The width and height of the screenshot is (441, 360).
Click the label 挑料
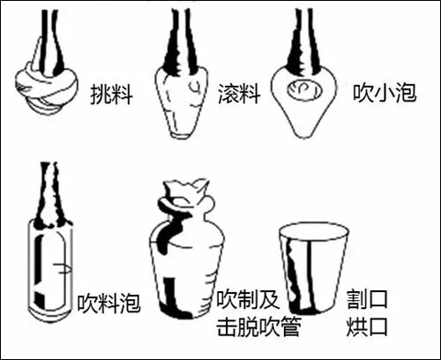pos(111,94)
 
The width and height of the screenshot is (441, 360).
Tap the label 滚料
pos(239,94)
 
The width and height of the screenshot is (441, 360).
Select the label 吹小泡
pos(385,93)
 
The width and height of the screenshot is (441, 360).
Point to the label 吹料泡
pos(108,303)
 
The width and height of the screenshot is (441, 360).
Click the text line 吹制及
pos(248,299)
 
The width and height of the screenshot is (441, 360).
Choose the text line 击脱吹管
pos(258,326)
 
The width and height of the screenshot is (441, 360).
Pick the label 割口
pos(367,299)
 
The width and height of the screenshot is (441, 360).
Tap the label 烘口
pos(367,326)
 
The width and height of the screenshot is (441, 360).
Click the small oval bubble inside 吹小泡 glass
pos(304,90)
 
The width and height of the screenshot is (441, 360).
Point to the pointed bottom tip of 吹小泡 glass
pos(303,137)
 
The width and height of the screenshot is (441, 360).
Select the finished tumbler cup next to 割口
pos(314,269)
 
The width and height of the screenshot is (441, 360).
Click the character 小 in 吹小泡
pos(385,93)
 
